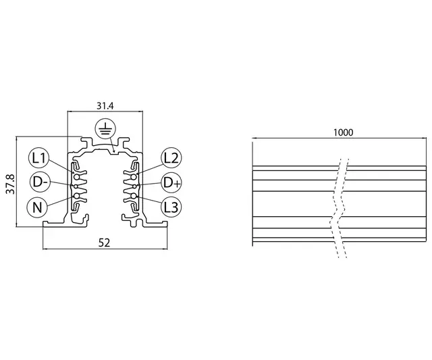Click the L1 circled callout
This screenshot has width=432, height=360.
click(38, 159)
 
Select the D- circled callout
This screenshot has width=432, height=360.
click(38, 182)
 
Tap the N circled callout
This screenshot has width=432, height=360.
click(38, 207)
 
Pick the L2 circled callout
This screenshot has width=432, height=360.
click(170, 159)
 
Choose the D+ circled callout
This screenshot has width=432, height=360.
click(170, 182)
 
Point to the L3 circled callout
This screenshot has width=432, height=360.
click(170, 207)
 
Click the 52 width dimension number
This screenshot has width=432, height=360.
click(104, 242)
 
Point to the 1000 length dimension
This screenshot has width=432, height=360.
click(343, 134)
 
